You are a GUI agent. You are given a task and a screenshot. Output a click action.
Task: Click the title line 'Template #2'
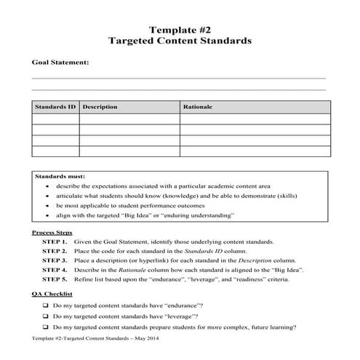[179, 30]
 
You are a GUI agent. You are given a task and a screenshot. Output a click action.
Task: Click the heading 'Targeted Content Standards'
[180, 41]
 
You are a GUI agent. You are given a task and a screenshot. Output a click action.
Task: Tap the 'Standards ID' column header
[55, 107]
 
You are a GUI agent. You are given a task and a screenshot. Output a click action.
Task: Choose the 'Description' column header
[100, 107]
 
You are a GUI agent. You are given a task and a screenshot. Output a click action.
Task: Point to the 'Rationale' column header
[198, 107]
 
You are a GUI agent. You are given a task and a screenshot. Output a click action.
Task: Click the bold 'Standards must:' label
[60, 176]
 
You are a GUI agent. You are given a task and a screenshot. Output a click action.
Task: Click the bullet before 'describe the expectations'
[47, 185]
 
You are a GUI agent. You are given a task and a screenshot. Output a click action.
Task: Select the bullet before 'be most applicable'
[47, 206]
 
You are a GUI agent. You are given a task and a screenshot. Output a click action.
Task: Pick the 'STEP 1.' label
[55, 241]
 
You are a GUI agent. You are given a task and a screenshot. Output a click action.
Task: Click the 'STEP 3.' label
[55, 260]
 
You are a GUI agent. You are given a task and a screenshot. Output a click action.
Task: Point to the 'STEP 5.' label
[55, 279]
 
